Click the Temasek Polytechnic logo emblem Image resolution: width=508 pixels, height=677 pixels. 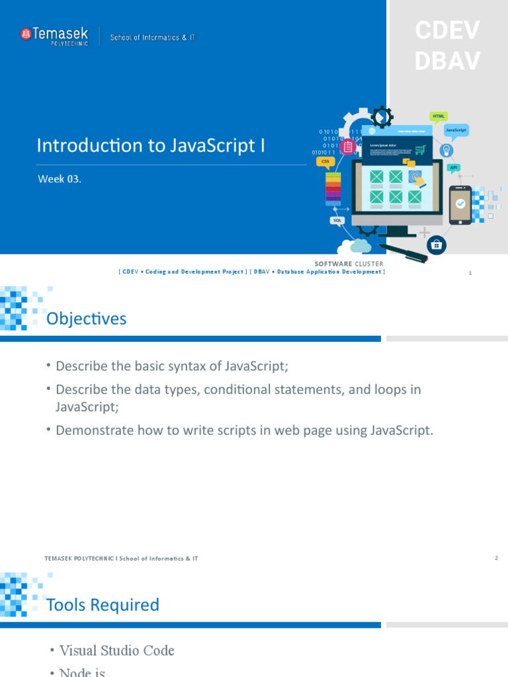26,34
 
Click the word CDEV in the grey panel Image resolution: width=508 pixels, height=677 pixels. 447,30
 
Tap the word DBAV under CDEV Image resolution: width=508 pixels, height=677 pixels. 447,61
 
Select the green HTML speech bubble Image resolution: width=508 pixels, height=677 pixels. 439,116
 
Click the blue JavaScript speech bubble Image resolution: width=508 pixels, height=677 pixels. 456,131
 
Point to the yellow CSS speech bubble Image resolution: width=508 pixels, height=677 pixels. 325,161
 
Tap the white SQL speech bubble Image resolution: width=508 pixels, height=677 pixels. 338,220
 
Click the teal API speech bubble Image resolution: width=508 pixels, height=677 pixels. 454,168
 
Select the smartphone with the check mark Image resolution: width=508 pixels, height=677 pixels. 460,204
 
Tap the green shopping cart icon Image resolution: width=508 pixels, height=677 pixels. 419,150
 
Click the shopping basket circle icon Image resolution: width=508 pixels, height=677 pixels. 436,245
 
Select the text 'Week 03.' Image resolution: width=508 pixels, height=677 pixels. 60,180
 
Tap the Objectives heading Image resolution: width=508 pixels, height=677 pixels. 86,319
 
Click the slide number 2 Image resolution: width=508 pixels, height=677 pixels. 495,559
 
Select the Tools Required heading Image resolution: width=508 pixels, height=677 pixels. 103,605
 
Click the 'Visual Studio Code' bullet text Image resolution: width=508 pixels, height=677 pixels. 116,651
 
